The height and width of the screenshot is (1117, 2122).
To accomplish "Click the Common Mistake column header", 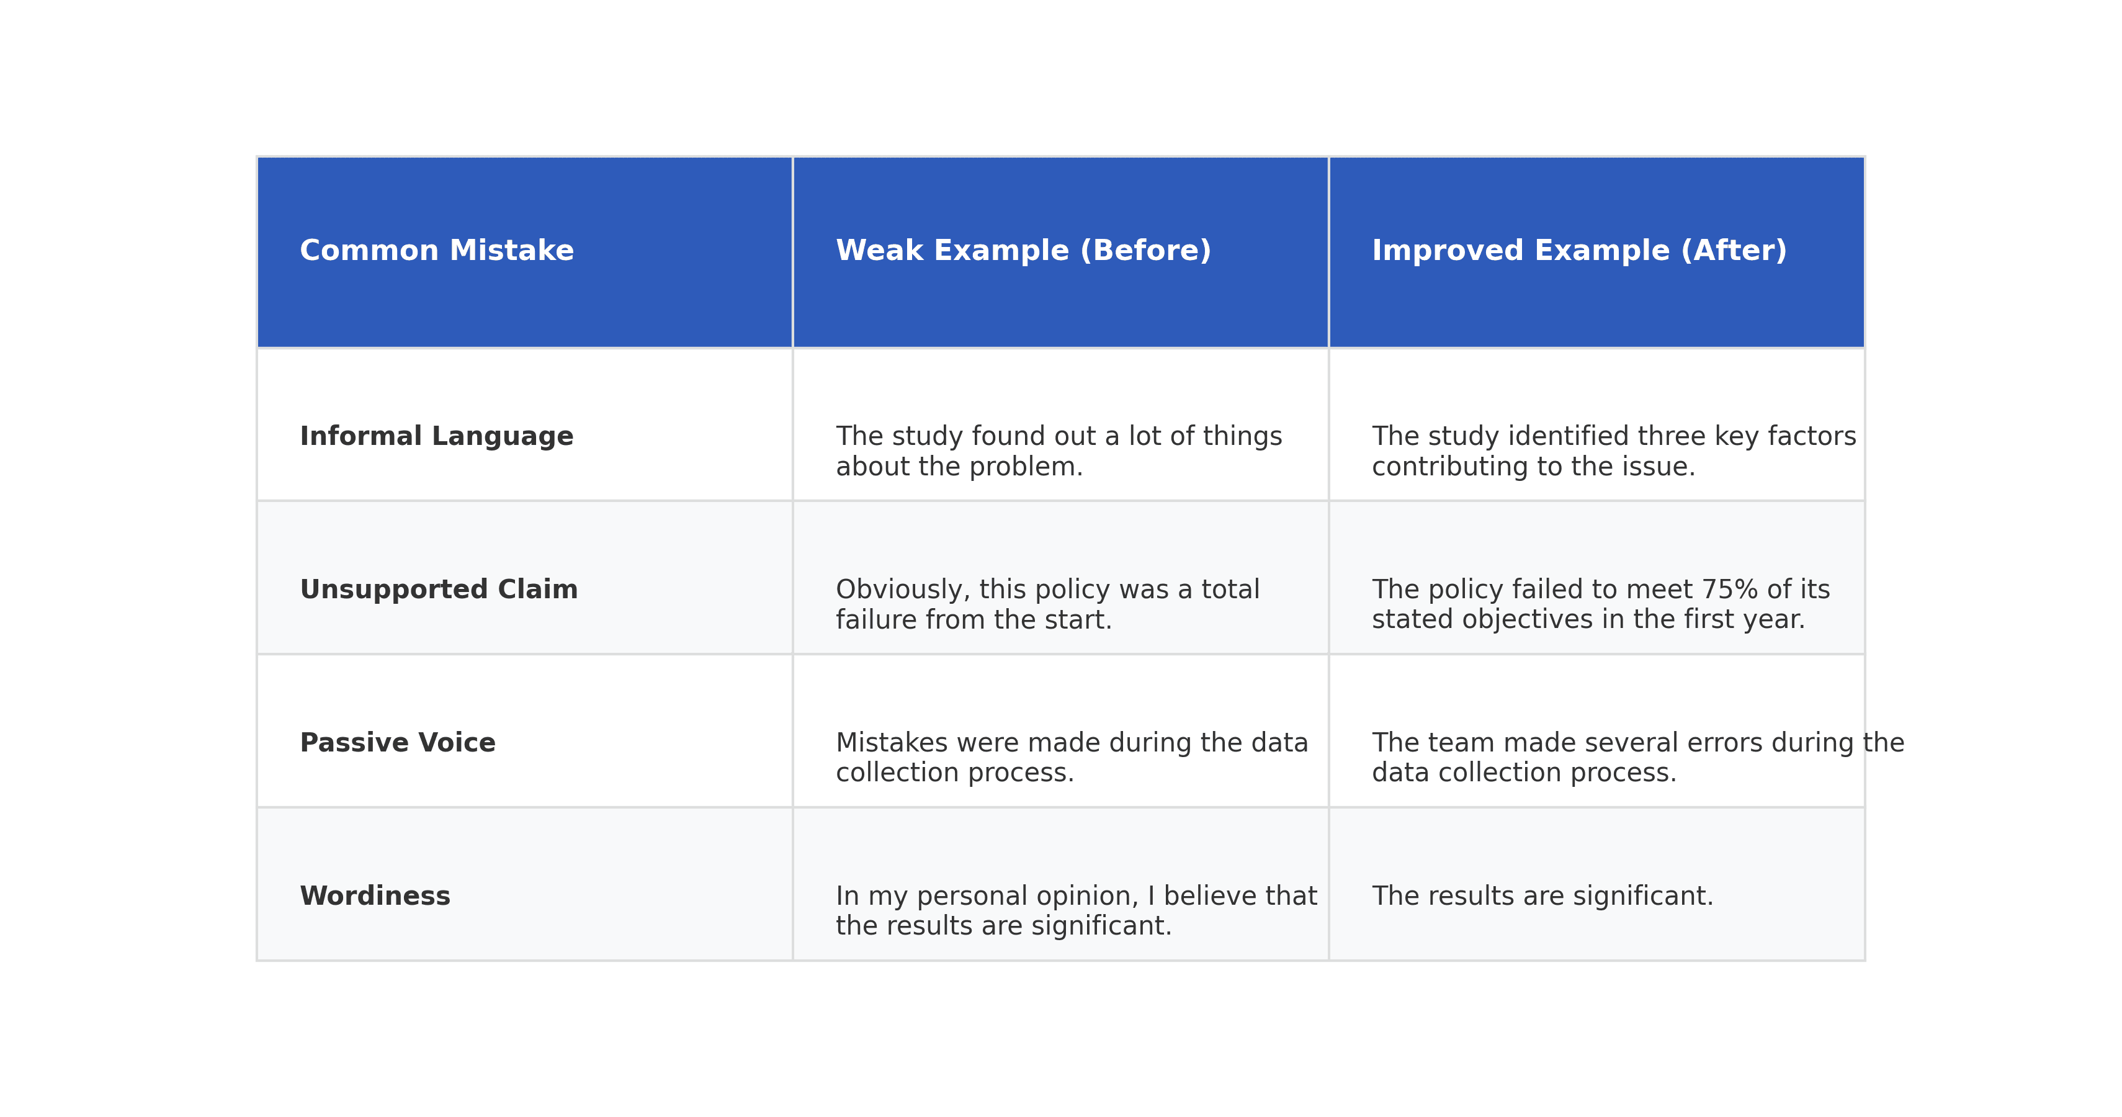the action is [437, 251].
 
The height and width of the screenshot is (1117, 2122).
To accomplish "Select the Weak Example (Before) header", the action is [1023, 251].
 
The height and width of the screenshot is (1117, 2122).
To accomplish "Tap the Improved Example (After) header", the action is [1579, 251].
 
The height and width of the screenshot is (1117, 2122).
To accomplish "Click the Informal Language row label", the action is [437, 437].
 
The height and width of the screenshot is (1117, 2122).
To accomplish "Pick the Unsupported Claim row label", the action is [439, 590].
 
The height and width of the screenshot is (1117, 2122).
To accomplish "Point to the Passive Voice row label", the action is [398, 743].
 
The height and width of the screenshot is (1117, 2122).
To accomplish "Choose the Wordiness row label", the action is [375, 896].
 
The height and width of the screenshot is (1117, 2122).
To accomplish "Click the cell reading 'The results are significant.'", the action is [1542, 896].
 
